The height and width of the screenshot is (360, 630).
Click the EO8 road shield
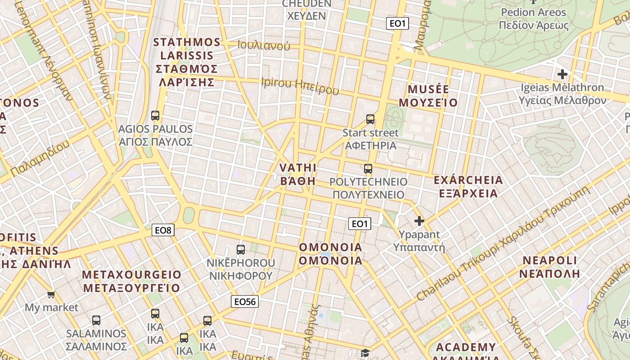coord(163,230)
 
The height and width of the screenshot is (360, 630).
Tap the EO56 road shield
coord(245,301)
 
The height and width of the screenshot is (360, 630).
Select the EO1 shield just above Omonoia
coord(360,224)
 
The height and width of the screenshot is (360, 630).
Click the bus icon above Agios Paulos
coord(155,116)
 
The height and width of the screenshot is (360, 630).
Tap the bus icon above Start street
coord(370,119)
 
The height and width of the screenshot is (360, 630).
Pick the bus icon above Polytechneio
coord(368,169)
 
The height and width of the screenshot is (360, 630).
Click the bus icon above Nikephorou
coord(241,249)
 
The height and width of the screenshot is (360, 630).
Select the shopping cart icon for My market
coord(51,295)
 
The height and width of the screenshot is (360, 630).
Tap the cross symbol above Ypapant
coord(419,221)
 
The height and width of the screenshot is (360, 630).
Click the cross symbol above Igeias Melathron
coord(562,74)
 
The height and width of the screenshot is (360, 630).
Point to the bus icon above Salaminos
coord(96,320)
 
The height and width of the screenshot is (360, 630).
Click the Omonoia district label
coord(331,254)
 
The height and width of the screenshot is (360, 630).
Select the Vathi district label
coord(298,175)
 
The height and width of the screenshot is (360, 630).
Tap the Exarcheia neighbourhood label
coord(468,187)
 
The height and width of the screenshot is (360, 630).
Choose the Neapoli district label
coord(549,267)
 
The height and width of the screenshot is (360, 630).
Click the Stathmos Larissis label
coord(186,62)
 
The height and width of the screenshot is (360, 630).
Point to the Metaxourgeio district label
coord(131,281)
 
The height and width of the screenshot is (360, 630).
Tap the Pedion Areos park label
coord(533,18)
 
